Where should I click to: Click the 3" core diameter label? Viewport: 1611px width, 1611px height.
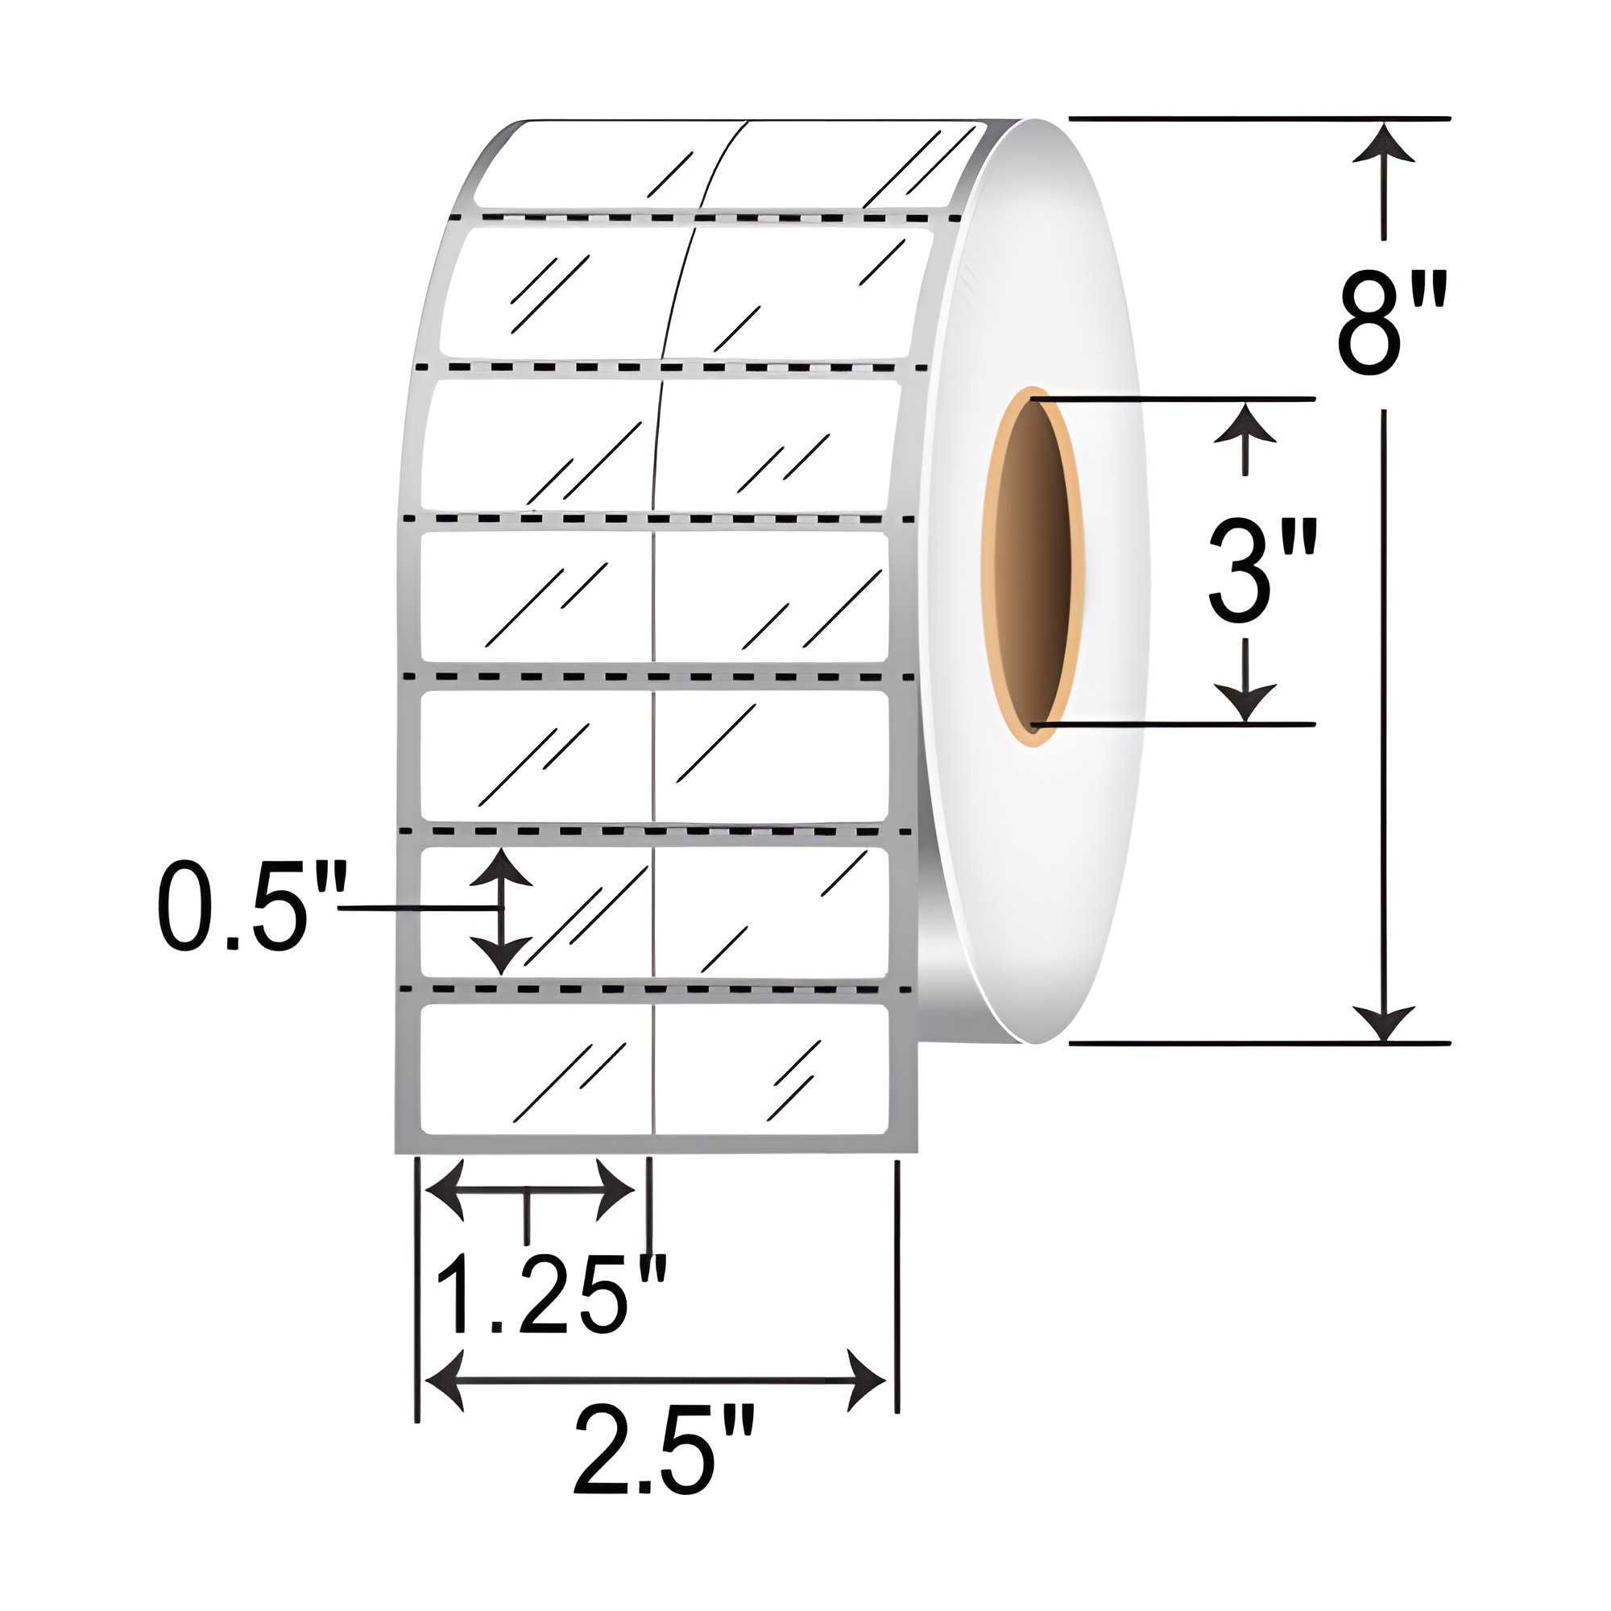tap(1261, 571)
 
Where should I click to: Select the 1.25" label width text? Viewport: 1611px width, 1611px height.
tap(551, 1295)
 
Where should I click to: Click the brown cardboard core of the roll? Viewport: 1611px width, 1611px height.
tap(1034, 567)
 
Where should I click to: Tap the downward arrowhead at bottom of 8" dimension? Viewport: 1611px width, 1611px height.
tap(1384, 1022)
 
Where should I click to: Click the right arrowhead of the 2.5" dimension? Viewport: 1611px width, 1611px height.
tap(866, 1381)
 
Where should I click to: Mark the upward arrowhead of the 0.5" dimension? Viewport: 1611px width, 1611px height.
tap(500, 868)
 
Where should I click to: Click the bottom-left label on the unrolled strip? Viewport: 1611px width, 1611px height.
tap(536, 1070)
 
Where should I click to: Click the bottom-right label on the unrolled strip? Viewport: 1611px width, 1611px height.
tap(772, 1070)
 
